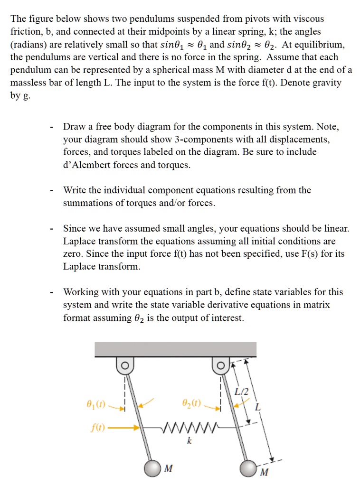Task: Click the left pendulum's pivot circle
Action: [x=124, y=365]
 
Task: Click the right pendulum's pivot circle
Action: [x=220, y=365]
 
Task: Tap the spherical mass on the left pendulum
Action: [x=152, y=468]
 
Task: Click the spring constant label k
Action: [x=189, y=441]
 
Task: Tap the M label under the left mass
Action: [x=168, y=469]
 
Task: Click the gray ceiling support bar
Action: [x=175, y=349]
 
